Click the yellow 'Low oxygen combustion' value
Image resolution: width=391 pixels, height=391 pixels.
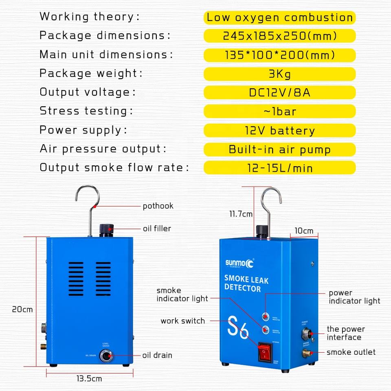point(279,18)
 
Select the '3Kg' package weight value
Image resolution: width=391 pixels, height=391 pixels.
point(279,74)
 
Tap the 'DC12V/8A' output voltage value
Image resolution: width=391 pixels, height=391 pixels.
point(279,92)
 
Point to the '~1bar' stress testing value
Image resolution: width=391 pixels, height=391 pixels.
point(279,111)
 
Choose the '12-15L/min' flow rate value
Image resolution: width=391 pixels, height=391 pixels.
point(279,167)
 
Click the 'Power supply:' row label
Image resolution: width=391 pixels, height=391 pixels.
point(83,130)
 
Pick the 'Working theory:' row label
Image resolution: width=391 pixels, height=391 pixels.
point(90,17)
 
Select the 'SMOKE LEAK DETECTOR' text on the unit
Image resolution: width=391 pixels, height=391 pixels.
point(246,283)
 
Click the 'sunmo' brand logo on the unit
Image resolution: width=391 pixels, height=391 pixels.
point(240,263)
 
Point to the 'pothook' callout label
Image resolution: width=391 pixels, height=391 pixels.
point(158,206)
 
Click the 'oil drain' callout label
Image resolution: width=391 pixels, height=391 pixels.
point(157,355)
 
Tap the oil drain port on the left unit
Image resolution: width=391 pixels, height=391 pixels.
point(108,356)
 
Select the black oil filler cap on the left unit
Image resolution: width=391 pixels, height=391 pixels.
point(107,230)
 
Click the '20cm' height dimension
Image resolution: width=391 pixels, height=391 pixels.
point(22,309)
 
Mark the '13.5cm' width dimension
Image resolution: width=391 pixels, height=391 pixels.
point(89,379)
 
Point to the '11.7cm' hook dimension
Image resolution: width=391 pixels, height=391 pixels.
point(241,213)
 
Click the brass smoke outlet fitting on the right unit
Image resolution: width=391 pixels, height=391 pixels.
point(306,353)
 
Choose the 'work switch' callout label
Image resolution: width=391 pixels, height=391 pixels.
point(182,321)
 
